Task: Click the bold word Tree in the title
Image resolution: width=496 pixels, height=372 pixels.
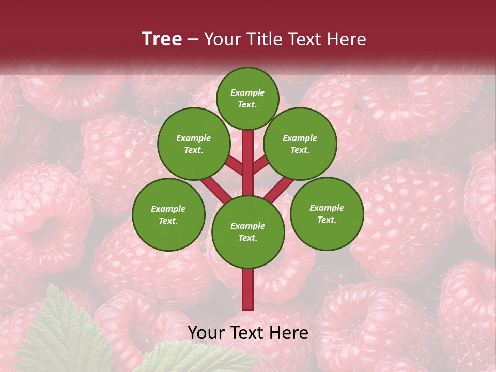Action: [162, 39]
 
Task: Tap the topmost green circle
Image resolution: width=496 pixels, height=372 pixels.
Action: [247, 99]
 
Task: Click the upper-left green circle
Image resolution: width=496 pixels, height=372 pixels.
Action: [194, 144]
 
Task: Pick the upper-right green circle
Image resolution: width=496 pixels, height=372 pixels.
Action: [300, 144]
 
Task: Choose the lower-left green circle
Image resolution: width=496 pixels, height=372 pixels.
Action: [168, 215]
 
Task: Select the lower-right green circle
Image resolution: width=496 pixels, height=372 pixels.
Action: [327, 214]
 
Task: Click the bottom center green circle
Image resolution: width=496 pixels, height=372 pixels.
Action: [248, 232]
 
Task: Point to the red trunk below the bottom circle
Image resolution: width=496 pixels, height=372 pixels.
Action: [248, 289]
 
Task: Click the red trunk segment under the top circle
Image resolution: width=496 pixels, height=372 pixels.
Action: [248, 150]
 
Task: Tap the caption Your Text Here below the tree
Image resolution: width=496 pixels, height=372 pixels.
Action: [248, 333]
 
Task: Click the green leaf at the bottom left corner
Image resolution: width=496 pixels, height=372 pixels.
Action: [62, 331]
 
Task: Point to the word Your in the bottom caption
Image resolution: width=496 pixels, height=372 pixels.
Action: [207, 333]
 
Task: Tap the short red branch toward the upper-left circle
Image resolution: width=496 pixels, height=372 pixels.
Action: [234, 165]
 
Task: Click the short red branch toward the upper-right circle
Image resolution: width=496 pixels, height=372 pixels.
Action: [261, 165]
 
